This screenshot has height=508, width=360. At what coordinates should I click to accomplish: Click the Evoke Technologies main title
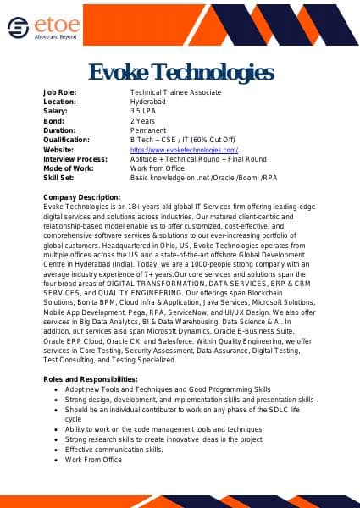[180, 70]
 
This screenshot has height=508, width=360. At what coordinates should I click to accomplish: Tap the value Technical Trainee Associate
[175, 91]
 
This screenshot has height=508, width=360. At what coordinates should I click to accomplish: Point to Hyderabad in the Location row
[148, 101]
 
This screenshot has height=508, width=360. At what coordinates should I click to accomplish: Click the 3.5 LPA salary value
[142, 111]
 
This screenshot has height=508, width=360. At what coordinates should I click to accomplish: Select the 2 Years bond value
[142, 120]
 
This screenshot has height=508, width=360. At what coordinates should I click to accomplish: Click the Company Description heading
[87, 197]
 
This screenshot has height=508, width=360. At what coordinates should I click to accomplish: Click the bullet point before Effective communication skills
[56, 450]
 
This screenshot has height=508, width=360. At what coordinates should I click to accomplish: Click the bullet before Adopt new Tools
[56, 389]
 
